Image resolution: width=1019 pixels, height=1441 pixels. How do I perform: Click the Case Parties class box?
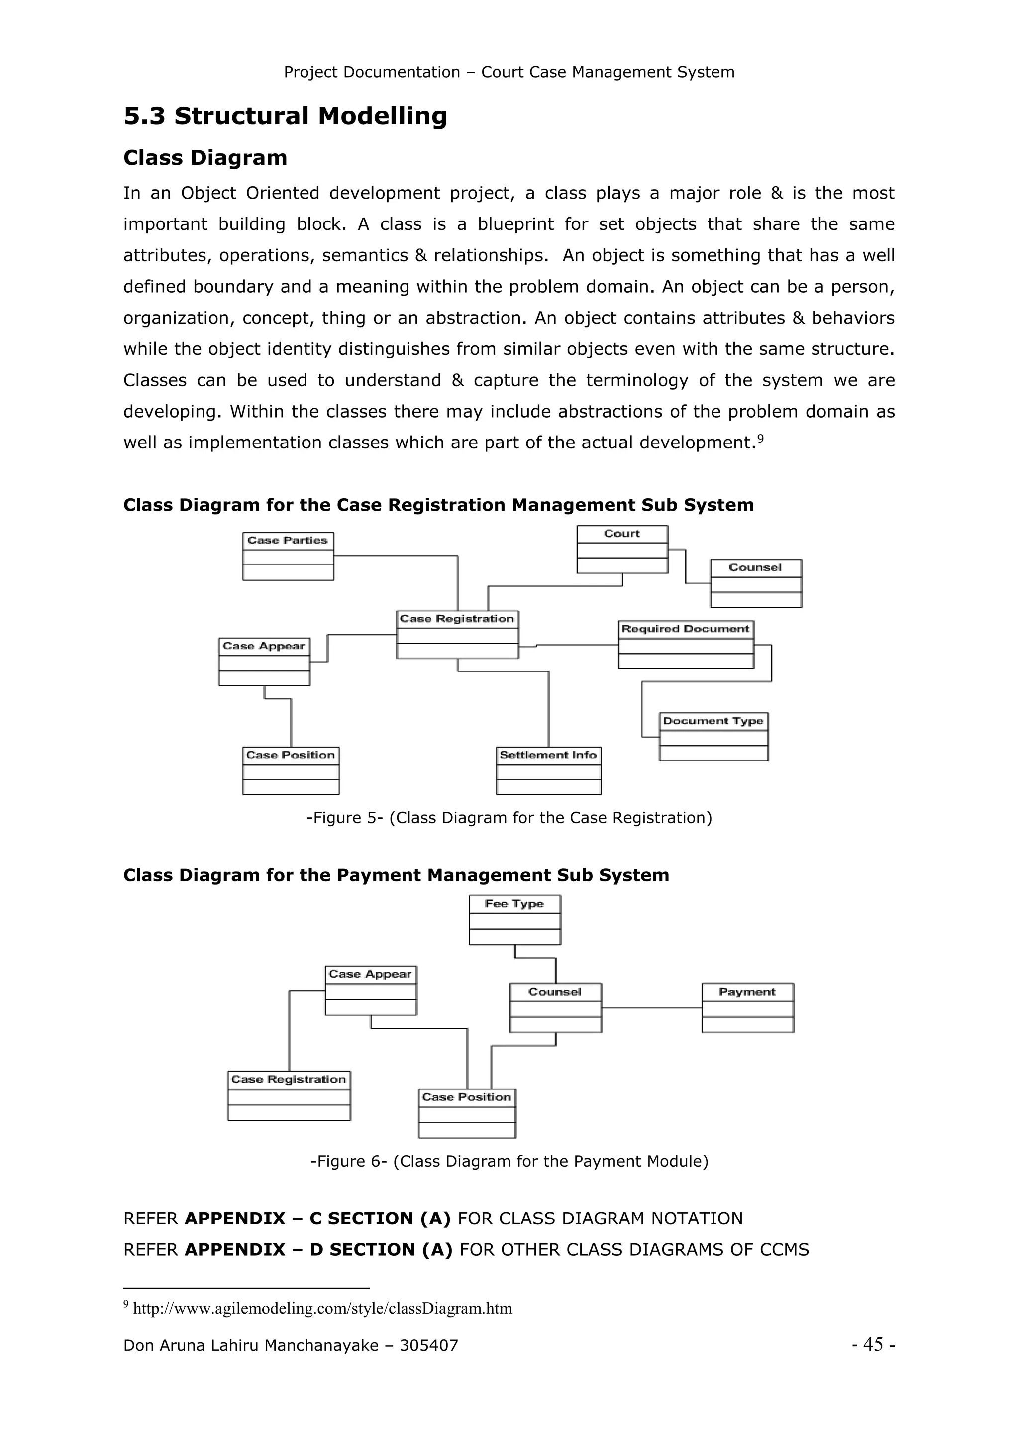288,556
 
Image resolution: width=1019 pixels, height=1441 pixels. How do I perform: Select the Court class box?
622,549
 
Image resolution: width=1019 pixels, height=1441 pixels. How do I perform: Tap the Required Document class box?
686,645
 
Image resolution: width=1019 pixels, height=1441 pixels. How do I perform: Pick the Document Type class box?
713,736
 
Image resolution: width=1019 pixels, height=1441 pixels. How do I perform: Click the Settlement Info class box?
548,770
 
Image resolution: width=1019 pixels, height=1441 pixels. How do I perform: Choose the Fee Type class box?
514,919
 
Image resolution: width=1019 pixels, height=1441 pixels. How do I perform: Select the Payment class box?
747,1007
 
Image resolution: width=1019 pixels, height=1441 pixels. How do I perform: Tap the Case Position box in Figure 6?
467,1113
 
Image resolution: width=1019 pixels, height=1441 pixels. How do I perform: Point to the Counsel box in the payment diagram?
555,1007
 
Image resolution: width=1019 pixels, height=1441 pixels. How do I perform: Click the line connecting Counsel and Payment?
651,1008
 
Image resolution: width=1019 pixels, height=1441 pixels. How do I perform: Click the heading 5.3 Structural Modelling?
285,116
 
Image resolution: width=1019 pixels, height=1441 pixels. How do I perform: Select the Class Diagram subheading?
205,157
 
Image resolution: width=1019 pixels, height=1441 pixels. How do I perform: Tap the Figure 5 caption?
509,818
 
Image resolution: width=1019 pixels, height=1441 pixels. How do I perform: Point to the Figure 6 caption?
509,1161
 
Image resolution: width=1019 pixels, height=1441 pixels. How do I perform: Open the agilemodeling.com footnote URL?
322,1308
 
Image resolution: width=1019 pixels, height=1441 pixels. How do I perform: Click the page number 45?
873,1344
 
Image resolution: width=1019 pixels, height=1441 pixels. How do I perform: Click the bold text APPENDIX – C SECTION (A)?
317,1218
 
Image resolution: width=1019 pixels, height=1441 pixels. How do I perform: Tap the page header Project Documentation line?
509,72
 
